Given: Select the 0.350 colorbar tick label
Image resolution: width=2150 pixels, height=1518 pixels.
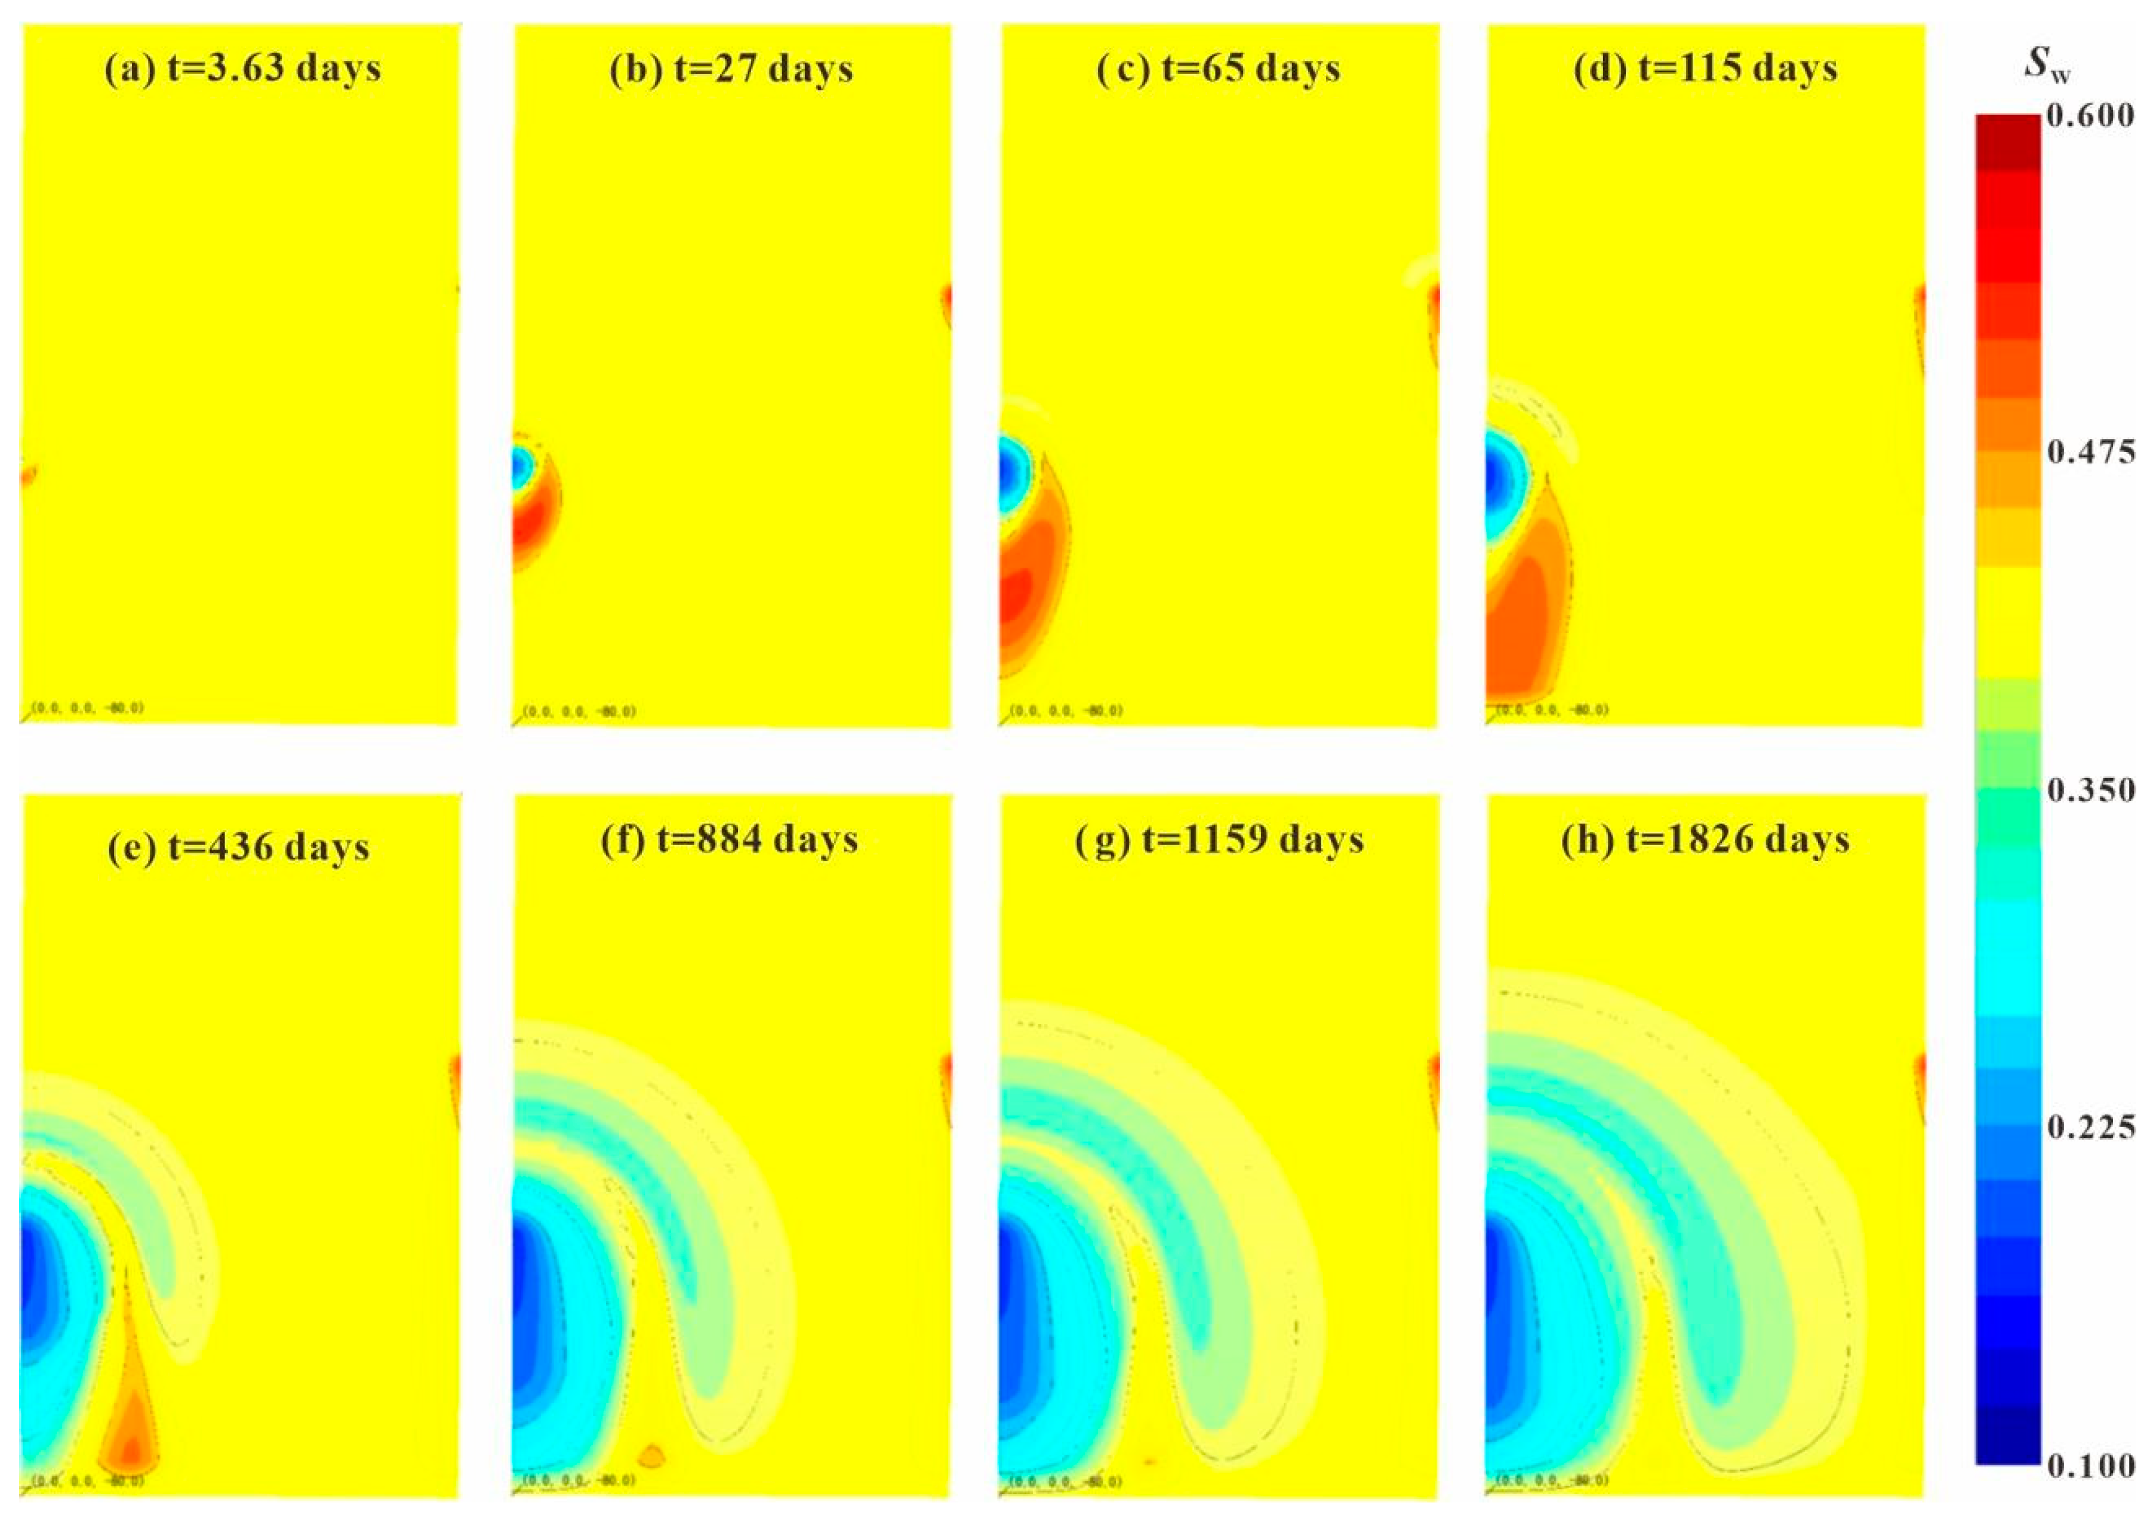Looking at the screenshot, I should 2090,791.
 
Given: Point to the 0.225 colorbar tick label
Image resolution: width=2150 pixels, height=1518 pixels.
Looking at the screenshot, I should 2090,1127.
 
